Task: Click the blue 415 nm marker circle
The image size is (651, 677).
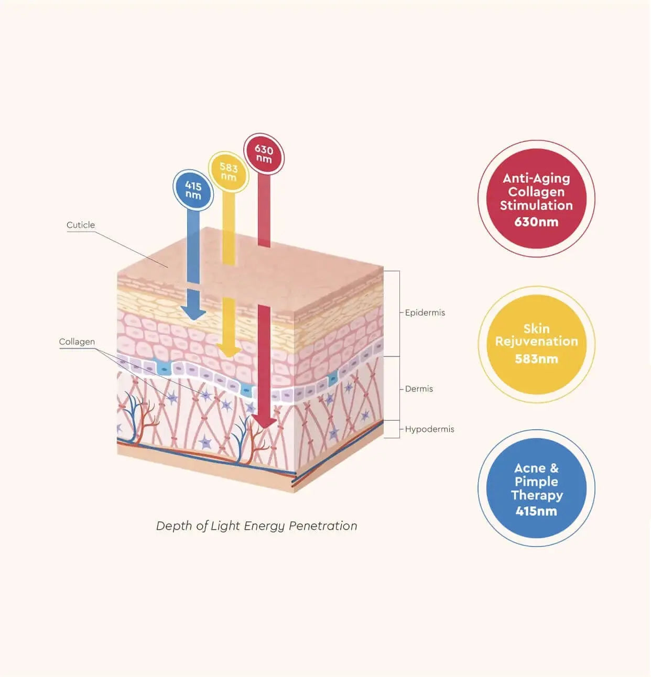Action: pos(193,190)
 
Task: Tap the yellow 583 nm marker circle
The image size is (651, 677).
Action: pos(229,172)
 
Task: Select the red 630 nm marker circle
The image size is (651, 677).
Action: pos(264,154)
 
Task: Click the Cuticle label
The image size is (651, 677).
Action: pos(81,225)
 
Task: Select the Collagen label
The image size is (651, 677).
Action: pos(77,342)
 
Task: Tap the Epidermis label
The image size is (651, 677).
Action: pos(425,312)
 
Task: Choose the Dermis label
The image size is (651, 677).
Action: pos(419,389)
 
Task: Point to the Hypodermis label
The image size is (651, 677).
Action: pos(429,429)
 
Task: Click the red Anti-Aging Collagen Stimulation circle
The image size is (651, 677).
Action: pos(536,199)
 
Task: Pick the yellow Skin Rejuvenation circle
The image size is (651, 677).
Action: pos(536,344)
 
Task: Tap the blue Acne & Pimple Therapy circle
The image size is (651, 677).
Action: pos(536,488)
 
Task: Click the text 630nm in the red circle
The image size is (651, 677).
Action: pos(536,222)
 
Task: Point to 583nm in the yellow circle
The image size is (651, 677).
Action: pos(536,359)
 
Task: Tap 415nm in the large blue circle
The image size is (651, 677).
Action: pos(536,511)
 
